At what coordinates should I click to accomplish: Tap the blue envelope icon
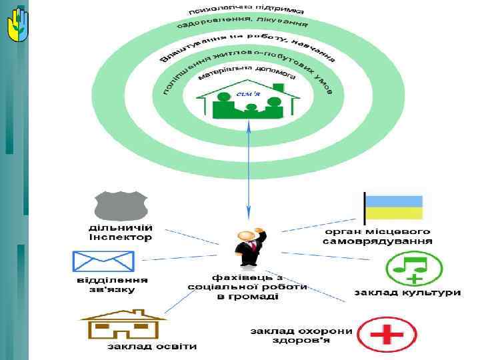click(103, 261)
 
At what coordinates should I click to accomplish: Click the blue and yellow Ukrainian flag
click(393, 207)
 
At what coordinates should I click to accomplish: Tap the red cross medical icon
click(387, 334)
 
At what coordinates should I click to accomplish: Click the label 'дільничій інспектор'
click(121, 232)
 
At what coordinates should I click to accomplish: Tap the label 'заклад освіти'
click(153, 346)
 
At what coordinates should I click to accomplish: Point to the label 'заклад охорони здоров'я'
click(301, 335)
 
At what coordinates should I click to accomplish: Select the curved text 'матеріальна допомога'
click(247, 75)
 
